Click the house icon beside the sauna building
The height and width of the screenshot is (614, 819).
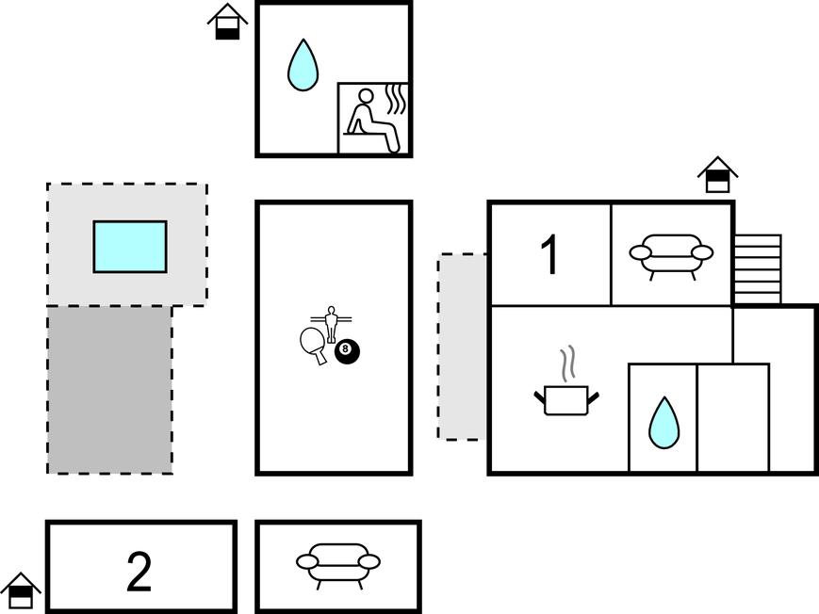pos(227,22)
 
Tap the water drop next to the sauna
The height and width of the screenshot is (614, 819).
pos(303,65)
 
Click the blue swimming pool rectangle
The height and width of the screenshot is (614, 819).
pos(130,247)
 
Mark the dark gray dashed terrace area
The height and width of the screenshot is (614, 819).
pos(109,389)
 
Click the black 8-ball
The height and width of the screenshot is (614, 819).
pos(347,351)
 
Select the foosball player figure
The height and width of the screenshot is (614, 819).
pos(330,323)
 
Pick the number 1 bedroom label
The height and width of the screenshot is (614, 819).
pos(549,254)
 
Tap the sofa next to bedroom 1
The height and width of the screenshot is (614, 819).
pos(671,254)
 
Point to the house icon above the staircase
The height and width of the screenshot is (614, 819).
pos(718,174)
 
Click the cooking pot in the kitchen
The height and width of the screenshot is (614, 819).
pos(566,399)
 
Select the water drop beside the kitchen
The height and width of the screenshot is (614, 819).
pos(663,423)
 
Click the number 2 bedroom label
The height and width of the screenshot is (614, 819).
pos(139,572)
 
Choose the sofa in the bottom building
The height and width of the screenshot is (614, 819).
pos(338,565)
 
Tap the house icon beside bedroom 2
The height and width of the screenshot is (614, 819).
pos(21,590)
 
